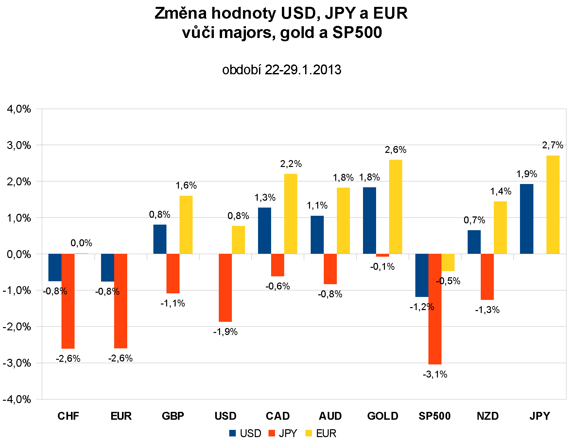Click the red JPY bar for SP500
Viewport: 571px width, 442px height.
435,309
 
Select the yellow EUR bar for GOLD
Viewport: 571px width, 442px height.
395,207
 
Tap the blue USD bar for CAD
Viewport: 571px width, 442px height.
264,230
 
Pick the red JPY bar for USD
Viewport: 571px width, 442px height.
225,287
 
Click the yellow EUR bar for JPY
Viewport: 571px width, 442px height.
553,205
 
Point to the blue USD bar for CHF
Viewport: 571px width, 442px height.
55,267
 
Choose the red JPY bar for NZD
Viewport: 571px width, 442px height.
487,277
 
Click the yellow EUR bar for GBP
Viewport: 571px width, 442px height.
186,225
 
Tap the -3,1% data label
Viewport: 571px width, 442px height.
435,374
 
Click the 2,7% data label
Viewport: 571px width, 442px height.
553,145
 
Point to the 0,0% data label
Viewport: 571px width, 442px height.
81,243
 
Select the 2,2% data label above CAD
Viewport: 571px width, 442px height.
291,164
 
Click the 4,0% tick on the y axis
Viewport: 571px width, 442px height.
19,109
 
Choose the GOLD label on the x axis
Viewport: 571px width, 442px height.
383,416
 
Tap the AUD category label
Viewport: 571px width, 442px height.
330,416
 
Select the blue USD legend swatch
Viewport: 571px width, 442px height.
233,433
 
